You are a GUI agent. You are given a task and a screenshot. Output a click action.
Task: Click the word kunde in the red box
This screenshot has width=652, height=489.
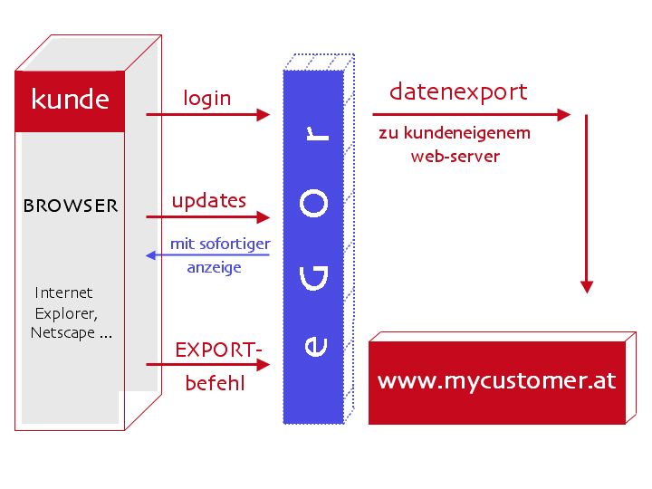tap(70, 99)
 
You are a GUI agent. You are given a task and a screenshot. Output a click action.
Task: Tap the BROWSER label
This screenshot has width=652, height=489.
tap(71, 206)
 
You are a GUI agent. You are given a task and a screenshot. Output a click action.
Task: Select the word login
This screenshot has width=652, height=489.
tap(207, 98)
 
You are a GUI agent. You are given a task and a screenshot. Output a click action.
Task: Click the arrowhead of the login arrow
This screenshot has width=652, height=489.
tap(264, 115)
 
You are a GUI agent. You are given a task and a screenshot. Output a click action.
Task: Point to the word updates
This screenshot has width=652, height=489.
tap(209, 200)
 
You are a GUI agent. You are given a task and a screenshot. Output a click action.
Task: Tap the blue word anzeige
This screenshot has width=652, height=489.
tap(215, 268)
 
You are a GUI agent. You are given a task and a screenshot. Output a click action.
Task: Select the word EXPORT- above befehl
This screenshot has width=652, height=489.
tap(218, 349)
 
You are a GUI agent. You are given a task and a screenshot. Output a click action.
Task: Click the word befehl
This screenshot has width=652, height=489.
tap(215, 383)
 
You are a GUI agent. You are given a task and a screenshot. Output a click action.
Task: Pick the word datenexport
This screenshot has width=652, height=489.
tap(458, 91)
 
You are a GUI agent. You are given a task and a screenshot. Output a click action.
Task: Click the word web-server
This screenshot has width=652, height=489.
tap(455, 156)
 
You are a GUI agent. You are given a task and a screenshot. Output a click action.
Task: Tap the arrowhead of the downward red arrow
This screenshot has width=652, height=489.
tap(587, 286)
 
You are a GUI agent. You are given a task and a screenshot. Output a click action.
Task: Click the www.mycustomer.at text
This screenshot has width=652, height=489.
tap(496, 379)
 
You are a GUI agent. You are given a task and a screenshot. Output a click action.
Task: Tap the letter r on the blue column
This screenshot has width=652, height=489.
tap(314, 133)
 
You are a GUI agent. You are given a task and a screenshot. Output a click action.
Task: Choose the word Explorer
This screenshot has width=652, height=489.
tap(65, 313)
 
